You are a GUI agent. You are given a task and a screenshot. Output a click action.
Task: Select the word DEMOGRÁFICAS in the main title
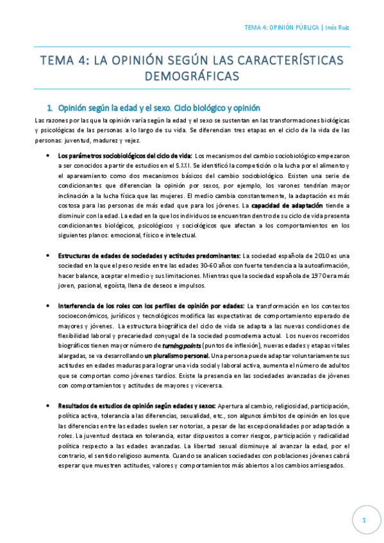(192, 76)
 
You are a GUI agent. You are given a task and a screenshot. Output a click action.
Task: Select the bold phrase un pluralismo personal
(177, 355)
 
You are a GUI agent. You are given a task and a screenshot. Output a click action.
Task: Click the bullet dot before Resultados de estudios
(50, 407)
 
